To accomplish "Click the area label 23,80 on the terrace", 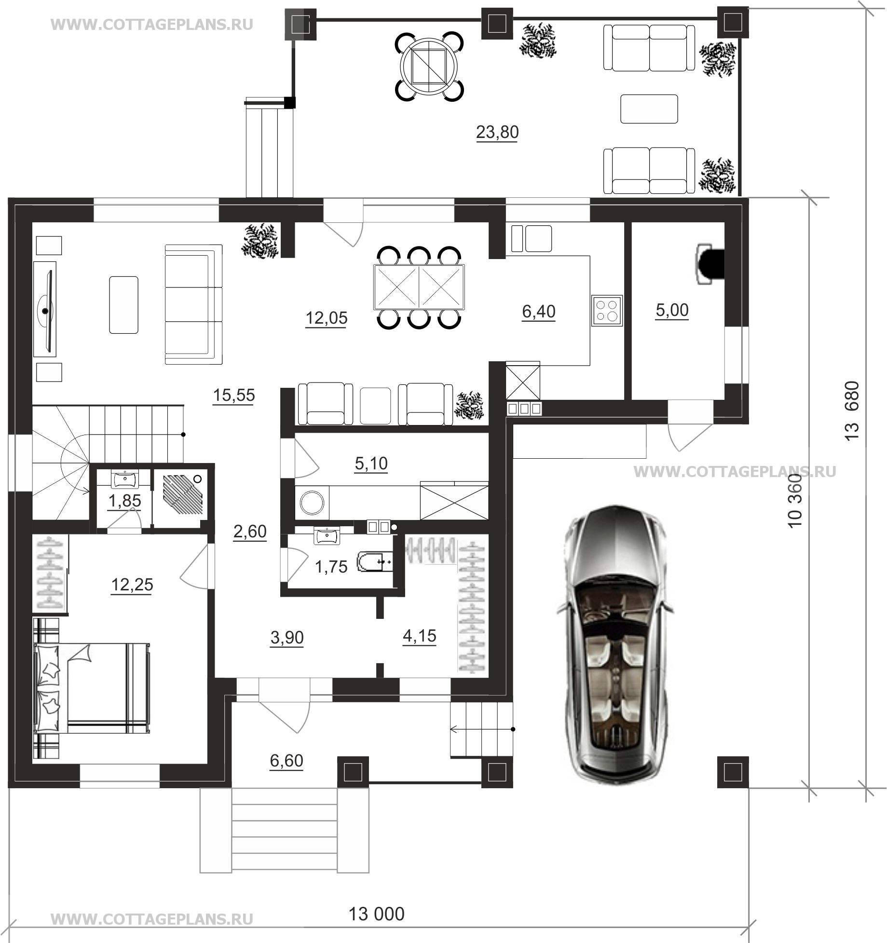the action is click(497, 132).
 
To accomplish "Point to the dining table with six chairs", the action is click(419, 287).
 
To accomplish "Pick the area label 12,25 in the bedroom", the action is click(132, 585).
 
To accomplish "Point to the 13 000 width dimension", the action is click(376, 914).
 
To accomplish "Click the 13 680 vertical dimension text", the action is click(852, 410).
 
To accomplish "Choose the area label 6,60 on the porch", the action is click(287, 761).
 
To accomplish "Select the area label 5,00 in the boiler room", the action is click(672, 310).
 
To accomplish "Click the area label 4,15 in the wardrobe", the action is click(419, 636).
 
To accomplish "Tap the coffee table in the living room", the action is click(124, 304).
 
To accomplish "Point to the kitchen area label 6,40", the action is click(539, 312).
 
